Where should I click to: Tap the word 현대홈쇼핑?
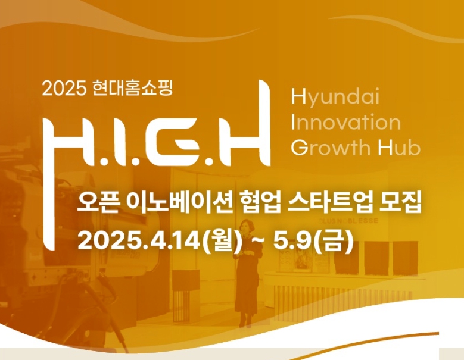(x=132, y=89)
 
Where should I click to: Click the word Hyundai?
(x=335, y=97)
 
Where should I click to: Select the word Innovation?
(x=346, y=123)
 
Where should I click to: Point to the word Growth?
(x=331, y=148)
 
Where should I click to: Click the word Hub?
(x=399, y=148)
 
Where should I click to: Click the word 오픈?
(x=96, y=206)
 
